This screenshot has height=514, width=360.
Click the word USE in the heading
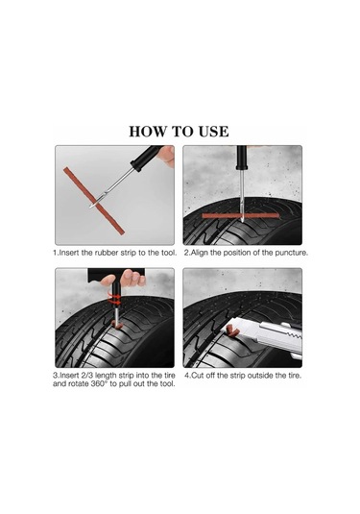(209, 132)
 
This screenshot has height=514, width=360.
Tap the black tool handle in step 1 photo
(146, 158)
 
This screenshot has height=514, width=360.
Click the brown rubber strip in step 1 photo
(94, 201)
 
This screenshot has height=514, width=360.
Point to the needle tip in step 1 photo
(89, 207)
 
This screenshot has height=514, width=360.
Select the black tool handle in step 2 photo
(242, 158)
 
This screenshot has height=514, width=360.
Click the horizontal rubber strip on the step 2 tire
(240, 216)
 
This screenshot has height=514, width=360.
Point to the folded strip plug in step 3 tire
(116, 325)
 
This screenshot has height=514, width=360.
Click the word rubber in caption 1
(107, 253)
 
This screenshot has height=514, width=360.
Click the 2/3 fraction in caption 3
(85, 376)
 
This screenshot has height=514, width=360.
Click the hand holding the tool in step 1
(167, 156)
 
